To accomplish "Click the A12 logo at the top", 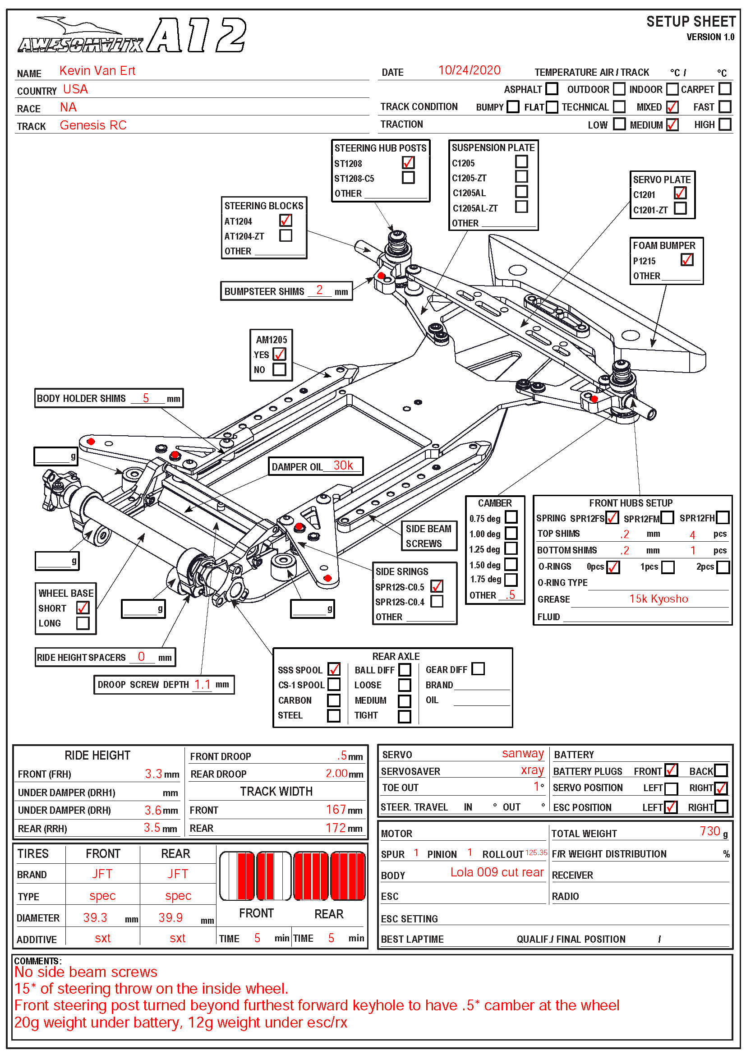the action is coord(197,35).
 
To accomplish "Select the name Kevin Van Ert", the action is coord(97,71).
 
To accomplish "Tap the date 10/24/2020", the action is coord(469,70).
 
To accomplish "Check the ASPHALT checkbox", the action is coord(552,89).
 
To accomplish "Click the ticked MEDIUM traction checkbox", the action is coord(672,124).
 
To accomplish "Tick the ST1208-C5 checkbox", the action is coord(408,177).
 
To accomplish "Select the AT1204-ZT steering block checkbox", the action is coord(286,235).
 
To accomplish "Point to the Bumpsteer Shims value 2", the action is coord(319,290).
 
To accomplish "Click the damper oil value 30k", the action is coord(343,465).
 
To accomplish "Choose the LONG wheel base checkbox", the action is coord(83,623).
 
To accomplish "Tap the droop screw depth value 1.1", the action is coord(202,685).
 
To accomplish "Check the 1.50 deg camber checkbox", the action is coord(511,564).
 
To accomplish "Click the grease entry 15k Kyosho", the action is coord(658,599).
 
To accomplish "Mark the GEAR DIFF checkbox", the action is coord(478,668).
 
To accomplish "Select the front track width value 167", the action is coord(336,810).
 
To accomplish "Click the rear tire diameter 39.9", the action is coord(170,917).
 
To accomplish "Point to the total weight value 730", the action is coord(710,831).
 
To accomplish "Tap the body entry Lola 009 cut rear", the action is coord(497,872).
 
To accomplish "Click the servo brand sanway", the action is coord(523,754).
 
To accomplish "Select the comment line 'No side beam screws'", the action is coord(86,972).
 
